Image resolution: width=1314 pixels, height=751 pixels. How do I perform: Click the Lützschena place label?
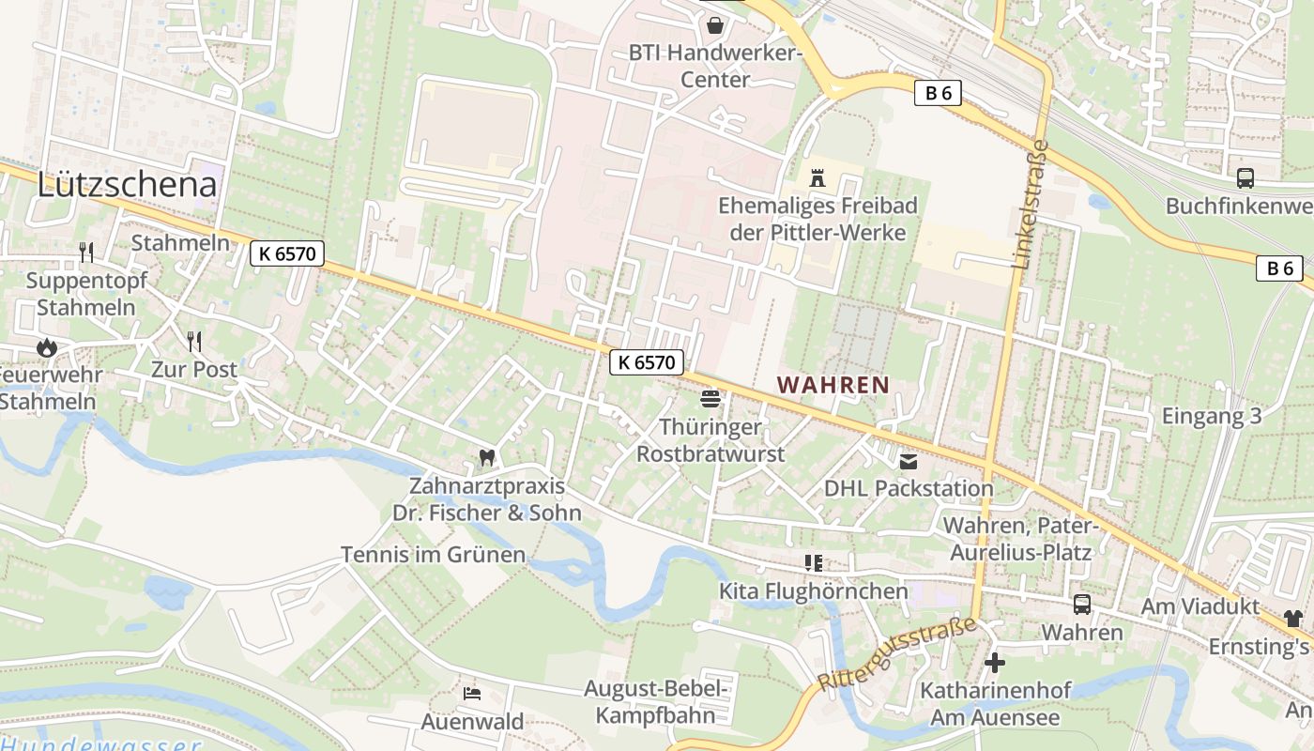coord(127,184)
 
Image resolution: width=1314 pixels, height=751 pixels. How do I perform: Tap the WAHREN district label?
coord(833,384)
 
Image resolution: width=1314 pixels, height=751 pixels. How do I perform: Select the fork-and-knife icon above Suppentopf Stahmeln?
coord(86,252)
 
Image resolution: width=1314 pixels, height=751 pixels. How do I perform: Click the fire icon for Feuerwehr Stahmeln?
coord(46,347)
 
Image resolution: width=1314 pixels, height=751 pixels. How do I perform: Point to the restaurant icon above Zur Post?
coord(194,341)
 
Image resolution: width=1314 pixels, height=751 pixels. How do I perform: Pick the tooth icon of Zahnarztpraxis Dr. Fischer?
coord(486,458)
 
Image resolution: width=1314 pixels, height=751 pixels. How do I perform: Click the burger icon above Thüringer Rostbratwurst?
coord(710,399)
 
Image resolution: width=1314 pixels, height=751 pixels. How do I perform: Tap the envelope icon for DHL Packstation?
coord(909,461)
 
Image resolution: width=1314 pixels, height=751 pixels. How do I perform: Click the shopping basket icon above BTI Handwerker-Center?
coord(715,24)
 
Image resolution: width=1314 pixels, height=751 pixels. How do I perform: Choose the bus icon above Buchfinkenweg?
coord(1245,177)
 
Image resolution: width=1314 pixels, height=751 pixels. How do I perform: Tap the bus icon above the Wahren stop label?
coord(1082,605)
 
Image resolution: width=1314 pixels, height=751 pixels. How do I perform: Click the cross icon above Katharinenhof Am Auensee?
coord(995,663)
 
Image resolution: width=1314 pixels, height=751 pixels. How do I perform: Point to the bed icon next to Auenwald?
coord(472,694)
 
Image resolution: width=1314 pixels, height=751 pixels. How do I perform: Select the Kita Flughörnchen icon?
coord(814,563)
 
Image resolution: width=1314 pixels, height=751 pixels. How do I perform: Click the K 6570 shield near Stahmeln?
coord(287,253)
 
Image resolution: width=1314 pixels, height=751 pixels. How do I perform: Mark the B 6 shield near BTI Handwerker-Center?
coord(938,93)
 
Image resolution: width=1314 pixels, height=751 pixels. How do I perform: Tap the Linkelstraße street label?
coord(1031,204)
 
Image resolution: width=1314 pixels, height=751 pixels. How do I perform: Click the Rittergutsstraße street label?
coord(897,654)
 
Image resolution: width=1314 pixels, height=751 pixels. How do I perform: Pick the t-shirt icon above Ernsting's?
coord(1293,619)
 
